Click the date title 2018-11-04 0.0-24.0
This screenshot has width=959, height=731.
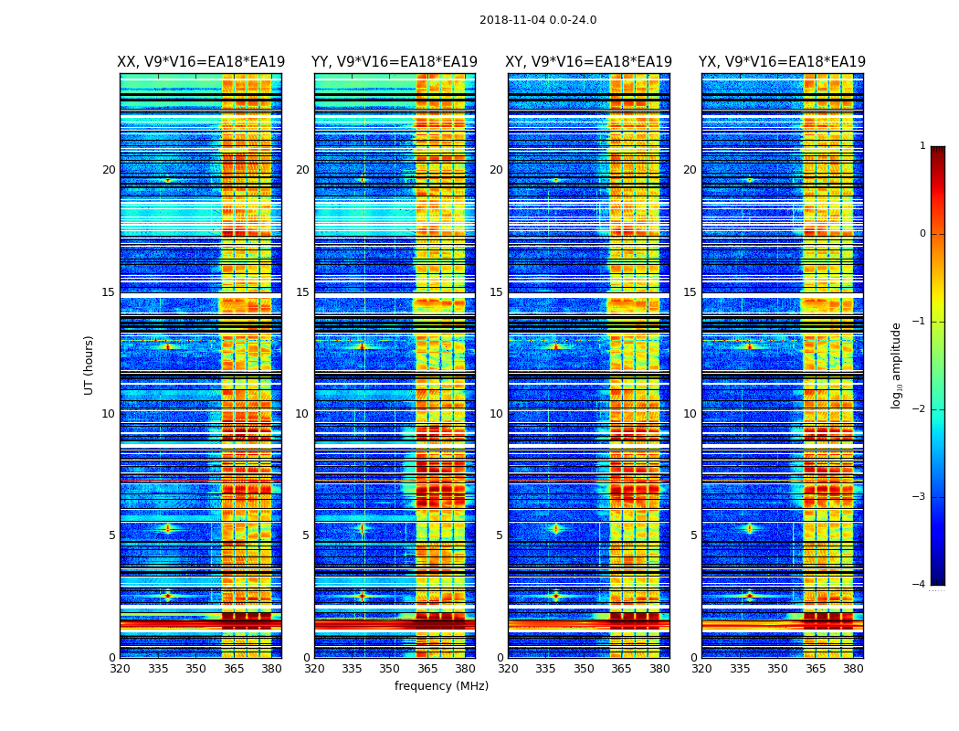pyautogui.click(x=538, y=20)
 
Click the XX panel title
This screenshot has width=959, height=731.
pyautogui.click(x=201, y=62)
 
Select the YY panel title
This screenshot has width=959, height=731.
pyautogui.click(x=395, y=62)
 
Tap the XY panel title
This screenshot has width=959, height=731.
pyautogui.click(x=589, y=62)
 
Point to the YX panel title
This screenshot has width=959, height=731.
pyautogui.click(x=782, y=62)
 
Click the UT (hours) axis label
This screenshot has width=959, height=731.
pyautogui.click(x=90, y=365)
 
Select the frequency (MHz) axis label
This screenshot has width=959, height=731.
pyautogui.click(x=441, y=686)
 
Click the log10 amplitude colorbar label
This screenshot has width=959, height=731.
pyautogui.click(x=897, y=365)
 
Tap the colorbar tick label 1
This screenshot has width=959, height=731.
pyautogui.click(x=922, y=146)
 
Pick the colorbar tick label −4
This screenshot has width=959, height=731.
pyautogui.click(x=920, y=585)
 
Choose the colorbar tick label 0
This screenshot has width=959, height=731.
pyautogui.click(x=922, y=234)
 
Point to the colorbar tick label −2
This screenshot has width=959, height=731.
pyautogui.click(x=920, y=409)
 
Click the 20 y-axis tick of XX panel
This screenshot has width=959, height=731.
pyautogui.click(x=109, y=170)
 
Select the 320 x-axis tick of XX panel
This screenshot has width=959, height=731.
pyautogui.click(x=120, y=669)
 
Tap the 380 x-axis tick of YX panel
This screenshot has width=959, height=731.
pyautogui.click(x=853, y=669)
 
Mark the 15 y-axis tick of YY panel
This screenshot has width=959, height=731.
pyautogui.click(x=302, y=292)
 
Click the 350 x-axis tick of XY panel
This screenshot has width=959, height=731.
pyautogui.click(x=584, y=669)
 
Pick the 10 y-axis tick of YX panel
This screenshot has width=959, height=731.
pyautogui.click(x=690, y=414)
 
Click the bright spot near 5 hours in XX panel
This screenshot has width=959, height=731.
pyautogui.click(x=167, y=528)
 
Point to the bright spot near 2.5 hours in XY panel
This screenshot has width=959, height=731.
pyautogui.click(x=555, y=596)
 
